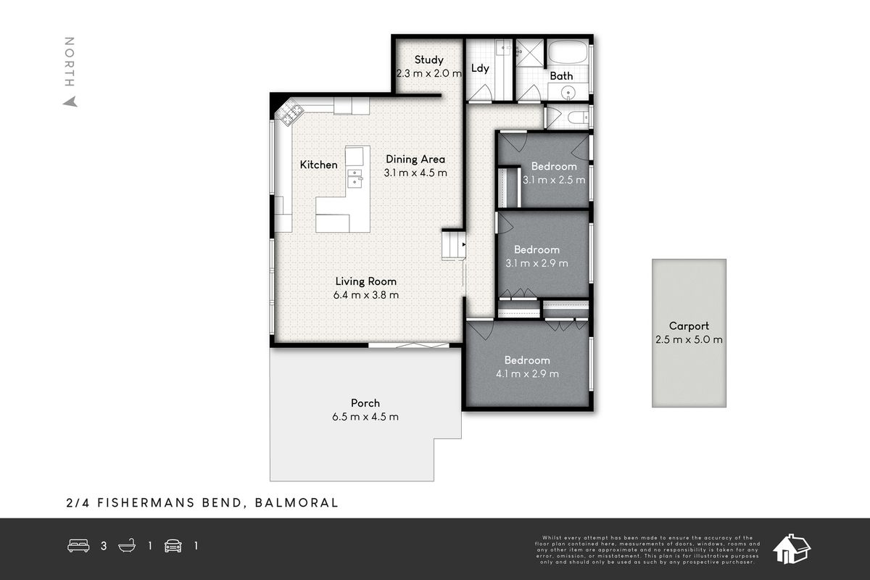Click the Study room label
click(428, 60)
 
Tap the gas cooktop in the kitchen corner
click(292, 112)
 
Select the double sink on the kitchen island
click(355, 178)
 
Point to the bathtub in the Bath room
click(568, 54)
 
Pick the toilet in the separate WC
click(577, 117)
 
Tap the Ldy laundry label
click(480, 69)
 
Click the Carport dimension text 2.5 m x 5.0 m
click(688, 339)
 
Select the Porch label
click(365, 403)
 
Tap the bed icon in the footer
click(78, 546)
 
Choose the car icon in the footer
click(173, 546)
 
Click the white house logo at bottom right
click(792, 549)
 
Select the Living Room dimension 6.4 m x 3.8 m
click(365, 295)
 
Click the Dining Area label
click(415, 159)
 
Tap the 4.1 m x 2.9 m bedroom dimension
click(527, 373)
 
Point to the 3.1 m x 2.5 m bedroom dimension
click(554, 180)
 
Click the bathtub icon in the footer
click(126, 546)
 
